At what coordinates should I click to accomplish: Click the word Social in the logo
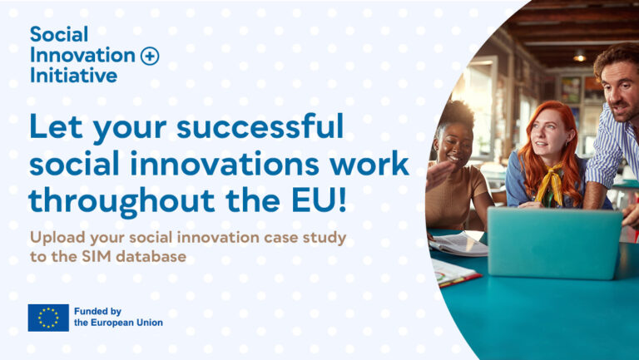[x=59, y=34]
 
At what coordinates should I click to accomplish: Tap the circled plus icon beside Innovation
[x=150, y=57]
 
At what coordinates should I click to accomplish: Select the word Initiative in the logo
[x=74, y=76]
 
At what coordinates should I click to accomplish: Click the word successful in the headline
[x=260, y=126]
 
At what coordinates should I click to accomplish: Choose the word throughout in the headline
[x=121, y=200]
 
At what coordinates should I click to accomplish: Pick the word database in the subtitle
[x=151, y=257]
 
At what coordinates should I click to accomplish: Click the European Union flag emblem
[x=48, y=318]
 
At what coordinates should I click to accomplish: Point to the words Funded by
[x=98, y=312]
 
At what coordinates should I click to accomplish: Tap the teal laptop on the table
[x=555, y=243]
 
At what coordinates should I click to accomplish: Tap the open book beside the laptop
[x=458, y=244]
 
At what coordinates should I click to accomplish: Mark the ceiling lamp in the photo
[x=579, y=57]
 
